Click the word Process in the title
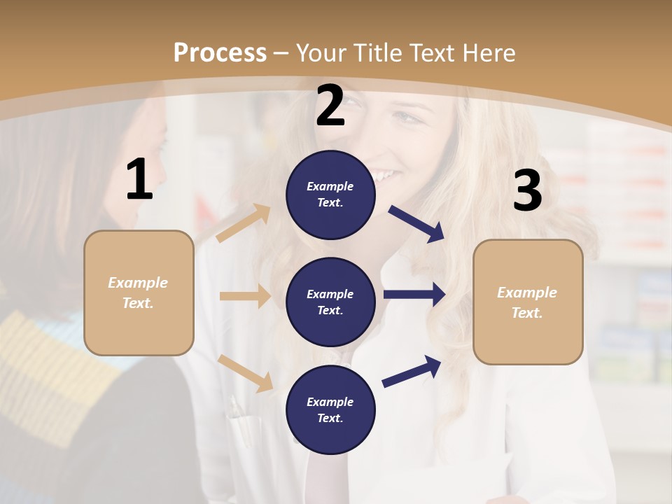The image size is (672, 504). (220, 53)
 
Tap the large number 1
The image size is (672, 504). (139, 181)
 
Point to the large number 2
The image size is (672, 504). (330, 106)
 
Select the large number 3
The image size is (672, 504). (527, 191)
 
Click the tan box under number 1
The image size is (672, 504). (139, 293)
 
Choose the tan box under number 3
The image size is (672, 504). (528, 302)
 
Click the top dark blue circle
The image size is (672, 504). (330, 195)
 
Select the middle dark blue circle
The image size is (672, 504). (330, 302)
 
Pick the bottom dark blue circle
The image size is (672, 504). (330, 409)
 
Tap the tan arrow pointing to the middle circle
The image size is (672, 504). (245, 296)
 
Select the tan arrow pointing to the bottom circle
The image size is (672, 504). (246, 372)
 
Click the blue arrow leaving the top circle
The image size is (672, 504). (416, 224)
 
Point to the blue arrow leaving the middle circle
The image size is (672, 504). (414, 295)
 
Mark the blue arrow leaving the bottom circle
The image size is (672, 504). (412, 371)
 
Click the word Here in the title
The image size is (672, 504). (488, 53)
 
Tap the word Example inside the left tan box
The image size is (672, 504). (138, 283)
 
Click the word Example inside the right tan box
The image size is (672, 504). (527, 293)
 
